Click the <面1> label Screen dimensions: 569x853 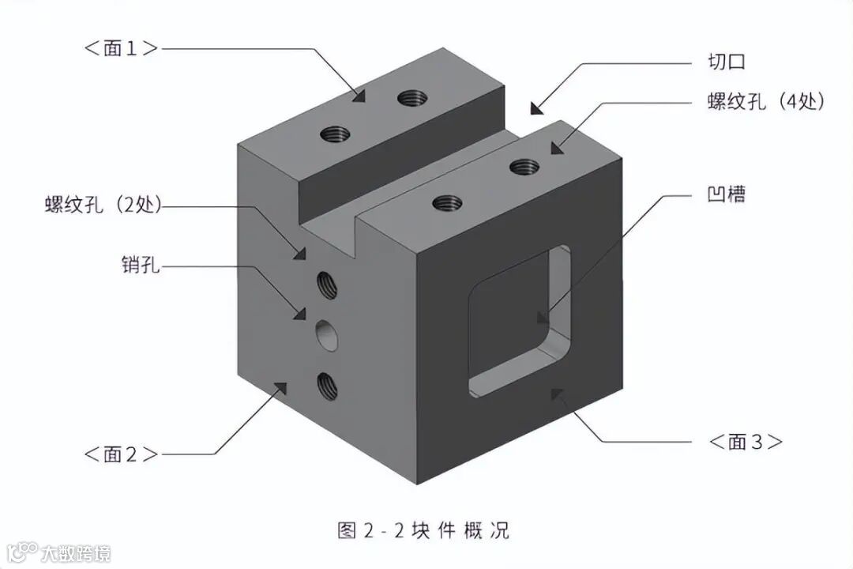[x=120, y=48]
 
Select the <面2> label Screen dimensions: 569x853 [x=120, y=454]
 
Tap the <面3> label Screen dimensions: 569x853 [x=746, y=442]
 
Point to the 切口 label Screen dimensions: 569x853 [x=726, y=62]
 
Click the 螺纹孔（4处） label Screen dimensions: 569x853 [x=765, y=102]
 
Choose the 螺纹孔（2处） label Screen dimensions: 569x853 [x=103, y=205]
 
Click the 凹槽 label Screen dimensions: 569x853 [x=726, y=194]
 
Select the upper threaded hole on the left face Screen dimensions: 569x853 [x=326, y=284]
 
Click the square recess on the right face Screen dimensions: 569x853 [x=517, y=320]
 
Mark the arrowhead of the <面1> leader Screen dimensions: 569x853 [x=359, y=96]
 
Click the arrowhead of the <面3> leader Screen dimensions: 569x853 [x=557, y=393]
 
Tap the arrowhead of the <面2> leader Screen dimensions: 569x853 [x=279, y=386]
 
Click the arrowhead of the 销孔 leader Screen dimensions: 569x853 [x=300, y=314]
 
